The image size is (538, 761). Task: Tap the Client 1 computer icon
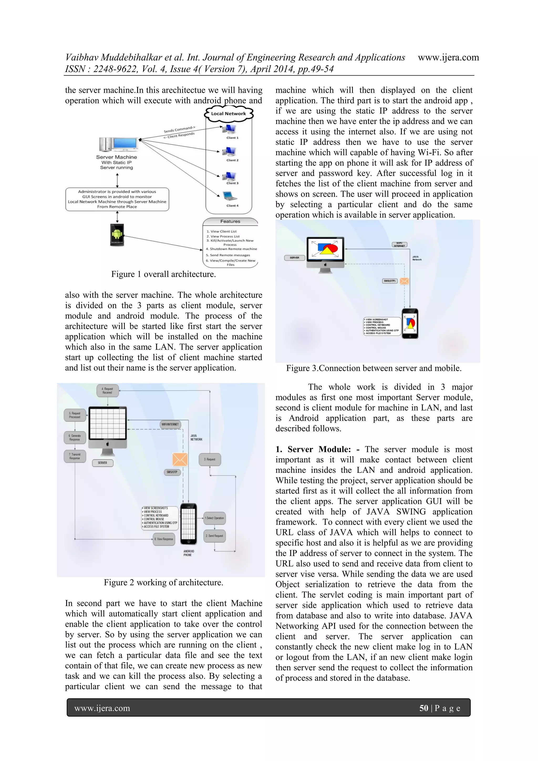click(x=230, y=129)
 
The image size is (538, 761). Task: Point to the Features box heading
click(x=230, y=221)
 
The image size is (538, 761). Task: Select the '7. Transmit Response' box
click(x=75, y=456)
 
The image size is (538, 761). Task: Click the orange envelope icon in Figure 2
click(x=180, y=460)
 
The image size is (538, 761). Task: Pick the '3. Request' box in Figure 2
click(x=210, y=459)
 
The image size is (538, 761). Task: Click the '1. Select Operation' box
click(x=214, y=518)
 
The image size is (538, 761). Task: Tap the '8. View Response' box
click(x=164, y=539)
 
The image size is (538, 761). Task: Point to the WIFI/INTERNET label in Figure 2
click(x=170, y=424)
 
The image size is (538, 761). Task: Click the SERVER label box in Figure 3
click(x=294, y=257)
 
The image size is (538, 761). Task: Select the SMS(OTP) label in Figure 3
click(x=390, y=281)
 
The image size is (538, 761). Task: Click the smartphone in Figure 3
click(x=410, y=323)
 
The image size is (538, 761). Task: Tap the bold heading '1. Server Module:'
click(x=313, y=449)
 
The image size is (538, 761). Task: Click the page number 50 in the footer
click(x=424, y=708)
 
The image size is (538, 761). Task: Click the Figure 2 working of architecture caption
click(x=163, y=583)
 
